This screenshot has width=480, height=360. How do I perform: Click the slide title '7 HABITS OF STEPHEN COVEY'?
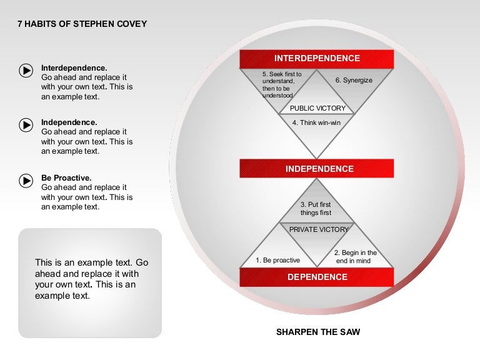coord(82,24)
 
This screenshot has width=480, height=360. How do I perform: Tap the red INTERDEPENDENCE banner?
coord(317,59)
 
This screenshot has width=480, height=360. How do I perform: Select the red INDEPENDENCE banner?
coord(317,169)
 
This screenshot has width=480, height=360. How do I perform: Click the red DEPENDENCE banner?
coord(317,277)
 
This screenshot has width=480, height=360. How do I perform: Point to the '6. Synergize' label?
coord(354,81)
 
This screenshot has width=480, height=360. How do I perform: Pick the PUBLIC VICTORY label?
coord(317,109)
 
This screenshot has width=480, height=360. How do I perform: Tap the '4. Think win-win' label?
coord(316,122)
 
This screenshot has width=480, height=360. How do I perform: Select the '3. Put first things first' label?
coord(316,209)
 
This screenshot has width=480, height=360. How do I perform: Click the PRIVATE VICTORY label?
coord(319,229)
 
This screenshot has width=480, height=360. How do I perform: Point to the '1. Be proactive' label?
coord(278,260)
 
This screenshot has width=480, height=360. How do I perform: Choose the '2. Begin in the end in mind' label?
coord(355,256)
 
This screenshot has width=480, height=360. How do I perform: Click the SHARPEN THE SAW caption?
coord(318,332)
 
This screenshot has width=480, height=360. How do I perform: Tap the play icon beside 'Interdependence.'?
coord(26,71)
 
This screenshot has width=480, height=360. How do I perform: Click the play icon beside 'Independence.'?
coord(26,125)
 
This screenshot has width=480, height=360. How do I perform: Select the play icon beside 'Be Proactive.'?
coord(26,180)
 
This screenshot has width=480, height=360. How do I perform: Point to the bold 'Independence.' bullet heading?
coord(69,122)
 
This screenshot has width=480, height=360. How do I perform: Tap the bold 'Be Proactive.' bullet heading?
coord(66,177)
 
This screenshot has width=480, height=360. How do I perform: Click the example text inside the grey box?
coord(91,279)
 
